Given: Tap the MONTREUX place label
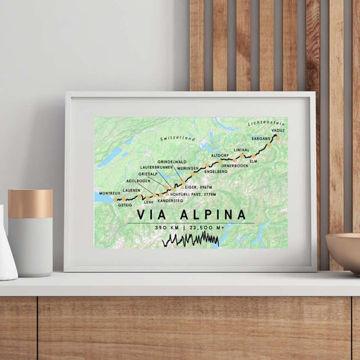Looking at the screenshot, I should [109, 193].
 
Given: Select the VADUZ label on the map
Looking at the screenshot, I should [278, 130].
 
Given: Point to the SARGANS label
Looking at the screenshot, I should [261, 137].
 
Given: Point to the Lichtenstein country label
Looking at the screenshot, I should [267, 124].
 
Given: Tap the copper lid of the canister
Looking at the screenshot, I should [30, 203].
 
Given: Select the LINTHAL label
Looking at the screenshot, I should [242, 149].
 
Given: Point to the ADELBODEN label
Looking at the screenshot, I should [138, 181].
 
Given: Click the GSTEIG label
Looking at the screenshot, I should [125, 204].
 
